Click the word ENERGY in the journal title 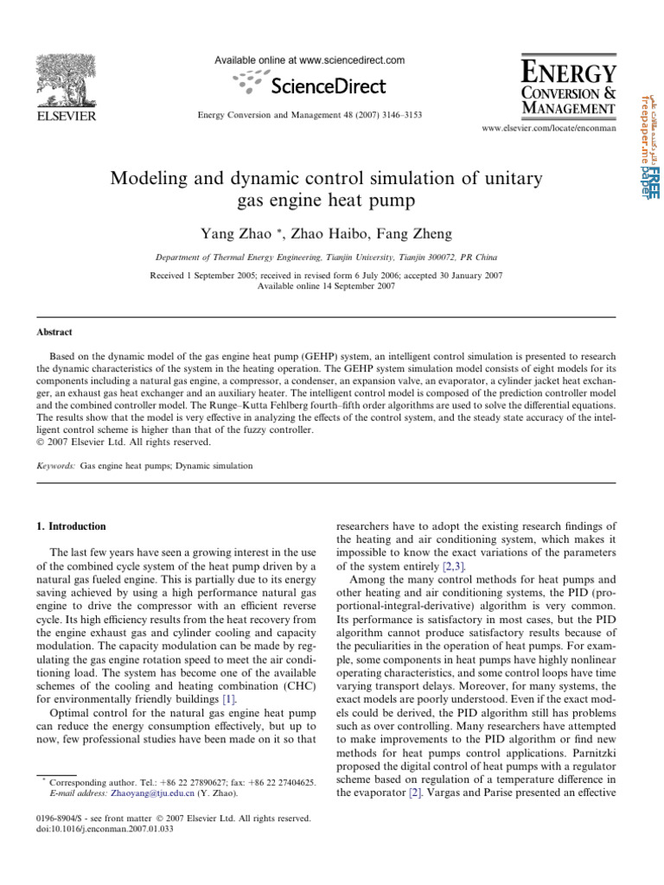[569, 72]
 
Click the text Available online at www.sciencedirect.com [310, 60]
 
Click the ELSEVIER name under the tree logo [65, 116]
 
